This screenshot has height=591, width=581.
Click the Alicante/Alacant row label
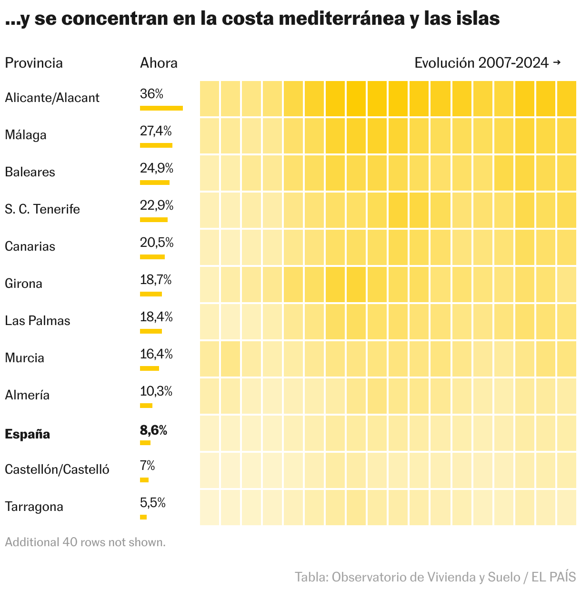tap(52, 98)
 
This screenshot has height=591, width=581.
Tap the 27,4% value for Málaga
tap(156, 131)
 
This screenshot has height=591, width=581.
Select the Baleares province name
tap(30, 172)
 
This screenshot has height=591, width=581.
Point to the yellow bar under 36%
tap(161, 108)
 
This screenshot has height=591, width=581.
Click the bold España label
tap(27, 434)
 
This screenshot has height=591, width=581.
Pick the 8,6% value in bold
tap(153, 430)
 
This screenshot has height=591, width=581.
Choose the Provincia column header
tap(34, 63)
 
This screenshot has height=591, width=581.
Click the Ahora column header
tap(159, 63)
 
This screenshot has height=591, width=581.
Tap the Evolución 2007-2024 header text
tap(481, 63)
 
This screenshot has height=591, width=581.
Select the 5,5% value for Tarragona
tap(153, 503)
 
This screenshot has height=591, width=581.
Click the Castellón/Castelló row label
tap(57, 469)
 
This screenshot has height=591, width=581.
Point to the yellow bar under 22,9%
tap(154, 220)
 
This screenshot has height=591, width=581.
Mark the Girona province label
tap(23, 284)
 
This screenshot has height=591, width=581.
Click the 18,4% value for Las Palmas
tap(156, 317)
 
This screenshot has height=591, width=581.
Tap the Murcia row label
tap(24, 358)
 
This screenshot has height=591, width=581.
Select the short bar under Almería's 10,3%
tap(146, 406)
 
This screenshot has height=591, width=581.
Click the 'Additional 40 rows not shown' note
tap(85, 542)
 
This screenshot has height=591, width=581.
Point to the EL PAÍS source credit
tap(553, 577)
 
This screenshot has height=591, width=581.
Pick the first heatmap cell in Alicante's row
tap(210, 99)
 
